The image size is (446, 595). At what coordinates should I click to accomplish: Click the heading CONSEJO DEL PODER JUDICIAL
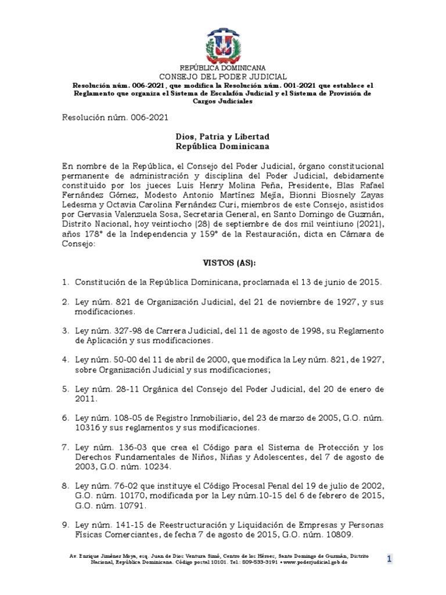(x=223, y=77)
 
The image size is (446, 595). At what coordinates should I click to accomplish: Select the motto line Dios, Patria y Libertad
(x=223, y=137)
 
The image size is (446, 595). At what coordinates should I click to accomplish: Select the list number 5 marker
(x=65, y=389)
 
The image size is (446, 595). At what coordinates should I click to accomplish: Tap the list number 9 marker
(x=65, y=525)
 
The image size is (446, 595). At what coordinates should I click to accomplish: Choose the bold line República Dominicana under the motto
(x=223, y=147)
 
